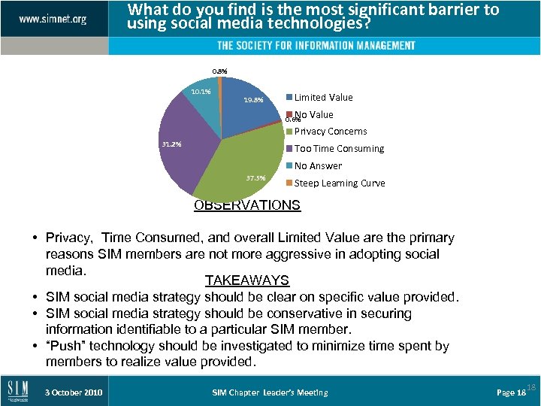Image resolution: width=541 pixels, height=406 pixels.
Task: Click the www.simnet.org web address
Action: tap(53, 18)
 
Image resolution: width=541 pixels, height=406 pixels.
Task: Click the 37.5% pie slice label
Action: tap(256, 178)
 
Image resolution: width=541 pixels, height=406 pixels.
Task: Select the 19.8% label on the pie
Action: tap(253, 99)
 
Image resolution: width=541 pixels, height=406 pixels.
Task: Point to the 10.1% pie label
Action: tap(200, 92)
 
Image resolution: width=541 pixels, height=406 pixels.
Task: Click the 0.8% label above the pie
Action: tap(219, 71)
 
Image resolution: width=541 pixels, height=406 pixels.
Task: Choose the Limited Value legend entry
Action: tap(322, 97)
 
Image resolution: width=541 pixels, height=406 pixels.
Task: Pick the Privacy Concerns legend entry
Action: tap(330, 132)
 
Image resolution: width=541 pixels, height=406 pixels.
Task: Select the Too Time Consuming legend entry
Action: tap(338, 149)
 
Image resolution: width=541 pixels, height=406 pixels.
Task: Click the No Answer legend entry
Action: tap(317, 166)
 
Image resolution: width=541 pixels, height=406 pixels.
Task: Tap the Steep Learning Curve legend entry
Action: tap(339, 183)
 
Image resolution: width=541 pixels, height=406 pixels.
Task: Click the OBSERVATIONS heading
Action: tap(247, 205)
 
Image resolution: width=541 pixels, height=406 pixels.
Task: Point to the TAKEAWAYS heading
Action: tap(247, 280)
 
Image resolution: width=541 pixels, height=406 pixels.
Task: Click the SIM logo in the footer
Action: tap(19, 392)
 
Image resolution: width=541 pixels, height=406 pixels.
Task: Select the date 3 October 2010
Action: tap(74, 392)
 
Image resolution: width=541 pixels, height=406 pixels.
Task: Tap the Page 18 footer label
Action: tap(511, 392)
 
